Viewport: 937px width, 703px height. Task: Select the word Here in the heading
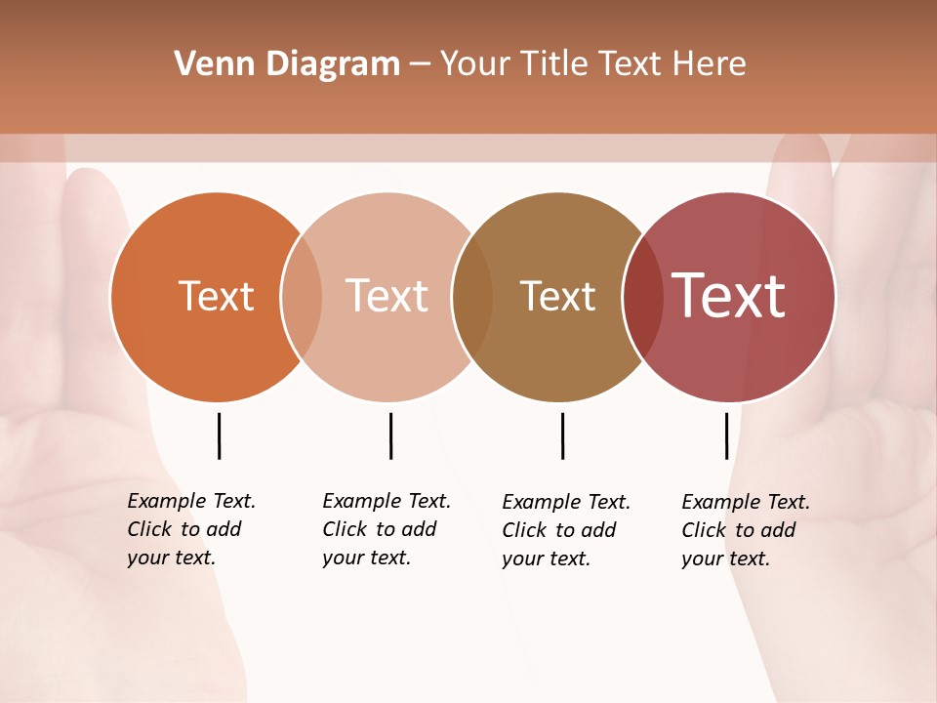click(710, 63)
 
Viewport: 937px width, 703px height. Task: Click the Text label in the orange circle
click(216, 296)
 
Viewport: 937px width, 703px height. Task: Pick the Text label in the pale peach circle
click(387, 296)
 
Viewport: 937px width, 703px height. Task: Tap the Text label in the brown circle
click(557, 296)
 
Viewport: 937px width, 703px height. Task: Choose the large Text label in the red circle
click(729, 296)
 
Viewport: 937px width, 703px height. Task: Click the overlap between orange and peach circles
click(302, 297)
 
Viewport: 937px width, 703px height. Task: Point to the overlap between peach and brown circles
click(472, 297)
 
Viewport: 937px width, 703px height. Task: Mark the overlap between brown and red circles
click(643, 297)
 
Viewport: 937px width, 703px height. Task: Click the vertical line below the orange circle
click(219, 435)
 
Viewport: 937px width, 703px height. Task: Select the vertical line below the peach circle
click(390, 435)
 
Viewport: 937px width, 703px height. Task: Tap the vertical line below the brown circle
click(562, 435)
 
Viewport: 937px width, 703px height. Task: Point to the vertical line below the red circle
click(726, 435)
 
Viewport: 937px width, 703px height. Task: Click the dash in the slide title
click(420, 64)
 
